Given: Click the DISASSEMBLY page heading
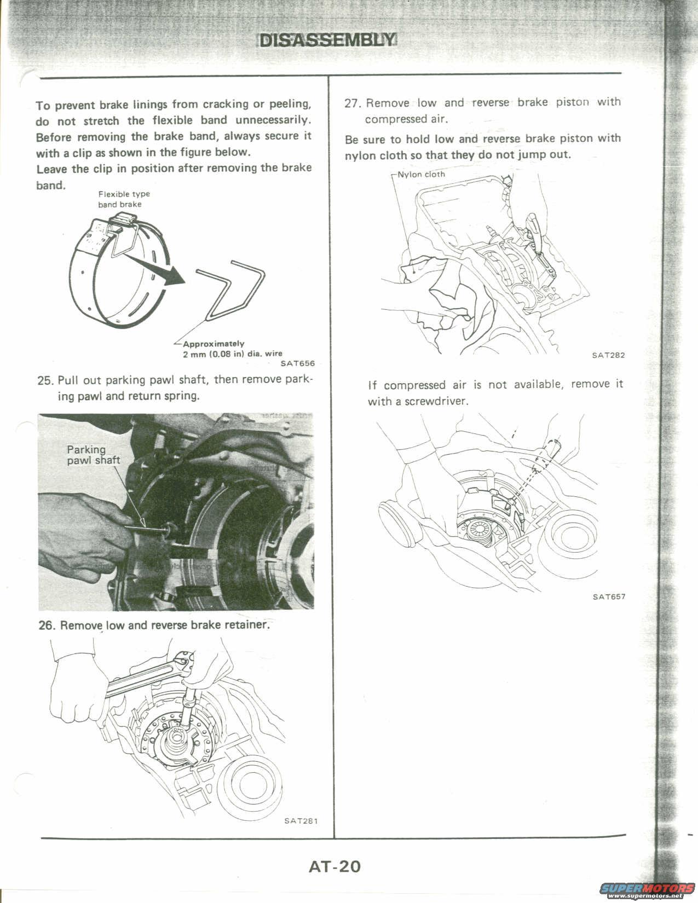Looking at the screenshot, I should tap(327, 40).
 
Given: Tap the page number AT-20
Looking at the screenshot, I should tap(334, 866).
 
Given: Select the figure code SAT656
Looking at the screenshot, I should tap(297, 363).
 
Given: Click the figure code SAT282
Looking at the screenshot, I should tap(608, 355).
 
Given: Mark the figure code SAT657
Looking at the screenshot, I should tap(608, 597).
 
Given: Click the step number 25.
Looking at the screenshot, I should tap(44, 380).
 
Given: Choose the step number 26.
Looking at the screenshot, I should tap(46, 626).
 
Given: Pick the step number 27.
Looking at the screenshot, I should tap(352, 103).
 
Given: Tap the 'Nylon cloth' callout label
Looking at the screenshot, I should tap(421, 175).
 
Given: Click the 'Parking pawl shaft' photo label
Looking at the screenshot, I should tap(93, 455).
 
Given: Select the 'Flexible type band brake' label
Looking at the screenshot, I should tap(123, 199).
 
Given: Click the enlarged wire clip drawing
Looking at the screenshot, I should tap(230, 291).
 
